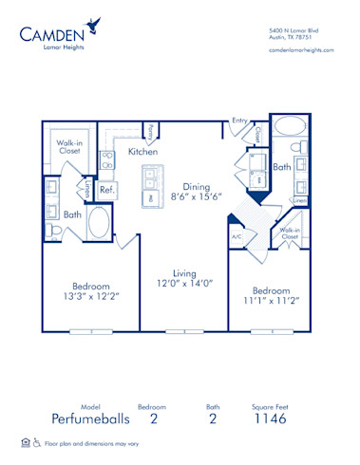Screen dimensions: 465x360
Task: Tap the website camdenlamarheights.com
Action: click(x=301, y=49)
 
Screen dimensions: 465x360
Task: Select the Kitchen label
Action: click(x=142, y=152)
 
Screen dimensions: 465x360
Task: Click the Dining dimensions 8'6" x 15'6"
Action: click(x=196, y=196)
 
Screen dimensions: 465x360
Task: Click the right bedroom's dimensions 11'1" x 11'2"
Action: click(x=270, y=302)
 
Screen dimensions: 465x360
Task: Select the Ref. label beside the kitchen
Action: click(x=106, y=188)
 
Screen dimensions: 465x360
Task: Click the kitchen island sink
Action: click(x=150, y=176)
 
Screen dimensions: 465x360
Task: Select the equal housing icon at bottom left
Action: click(x=25, y=442)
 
